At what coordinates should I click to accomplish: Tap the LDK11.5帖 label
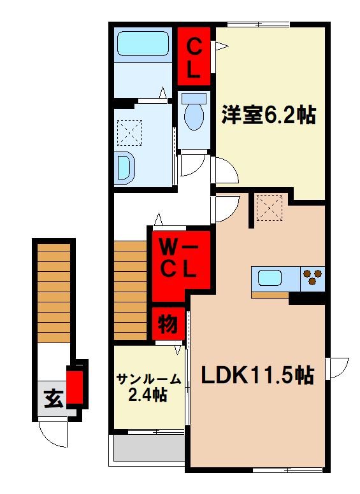coord(257,376)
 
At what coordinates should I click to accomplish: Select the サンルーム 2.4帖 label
coord(148,387)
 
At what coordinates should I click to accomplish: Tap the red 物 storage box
coord(168,325)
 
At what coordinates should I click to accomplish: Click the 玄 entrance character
coord(52,400)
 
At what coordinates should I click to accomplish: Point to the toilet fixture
coord(193,113)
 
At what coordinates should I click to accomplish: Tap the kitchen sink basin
coord(270,278)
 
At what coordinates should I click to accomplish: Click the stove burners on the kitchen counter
coord(312,278)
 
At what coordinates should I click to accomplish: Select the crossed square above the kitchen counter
coord(269,208)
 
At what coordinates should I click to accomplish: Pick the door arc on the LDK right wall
coord(336,368)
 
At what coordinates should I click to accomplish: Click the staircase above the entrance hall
coord(53,293)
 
